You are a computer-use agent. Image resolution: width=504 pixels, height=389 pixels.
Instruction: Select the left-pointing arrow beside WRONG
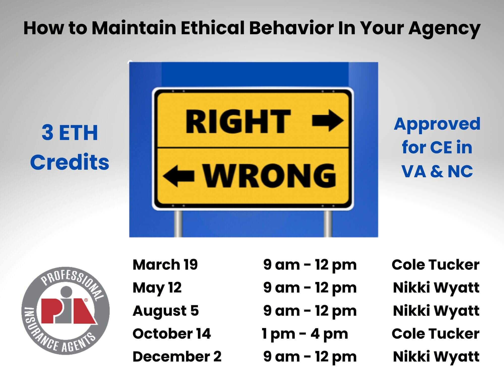pos(179,175)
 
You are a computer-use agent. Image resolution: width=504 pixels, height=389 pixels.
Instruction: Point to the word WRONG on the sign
pos(270,175)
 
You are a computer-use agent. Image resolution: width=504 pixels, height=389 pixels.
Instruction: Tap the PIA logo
pos(66,311)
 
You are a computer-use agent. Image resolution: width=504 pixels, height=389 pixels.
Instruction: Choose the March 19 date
pos(165,265)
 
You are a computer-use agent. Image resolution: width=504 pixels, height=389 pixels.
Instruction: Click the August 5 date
pos(166,311)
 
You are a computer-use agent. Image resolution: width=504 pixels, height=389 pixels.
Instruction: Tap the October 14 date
pos(172,334)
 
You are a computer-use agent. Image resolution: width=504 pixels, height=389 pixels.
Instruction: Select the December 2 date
pos(177,357)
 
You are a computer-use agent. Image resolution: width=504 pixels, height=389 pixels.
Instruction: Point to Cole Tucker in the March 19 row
pos(436,265)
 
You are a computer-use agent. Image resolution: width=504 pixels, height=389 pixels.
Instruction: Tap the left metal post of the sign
pos(178,223)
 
